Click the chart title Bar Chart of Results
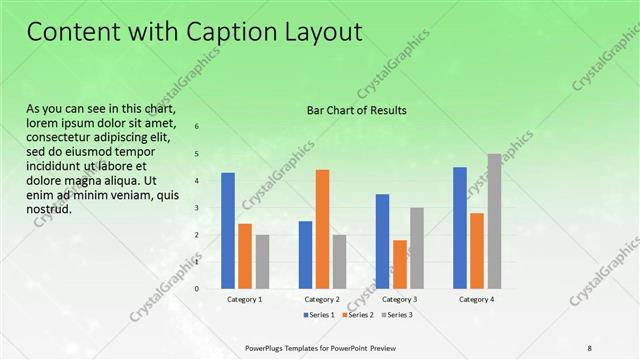355,110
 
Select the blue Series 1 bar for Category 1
228,230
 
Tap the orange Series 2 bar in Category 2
322,229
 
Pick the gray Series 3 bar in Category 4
494,221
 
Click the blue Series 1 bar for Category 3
382,241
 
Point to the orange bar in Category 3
400,264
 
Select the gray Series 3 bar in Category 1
262,261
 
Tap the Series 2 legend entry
356,315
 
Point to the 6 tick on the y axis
196,127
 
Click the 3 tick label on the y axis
196,208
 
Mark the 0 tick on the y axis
196,289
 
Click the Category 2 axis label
322,299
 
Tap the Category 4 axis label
476,299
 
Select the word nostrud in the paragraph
48,208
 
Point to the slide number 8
589,347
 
